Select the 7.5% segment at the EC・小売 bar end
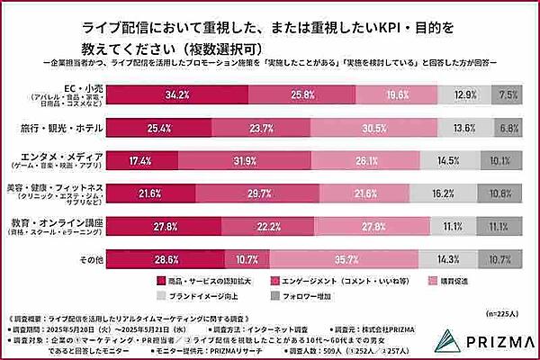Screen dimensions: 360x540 [508, 94]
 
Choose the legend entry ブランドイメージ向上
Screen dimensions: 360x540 [201, 296]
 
